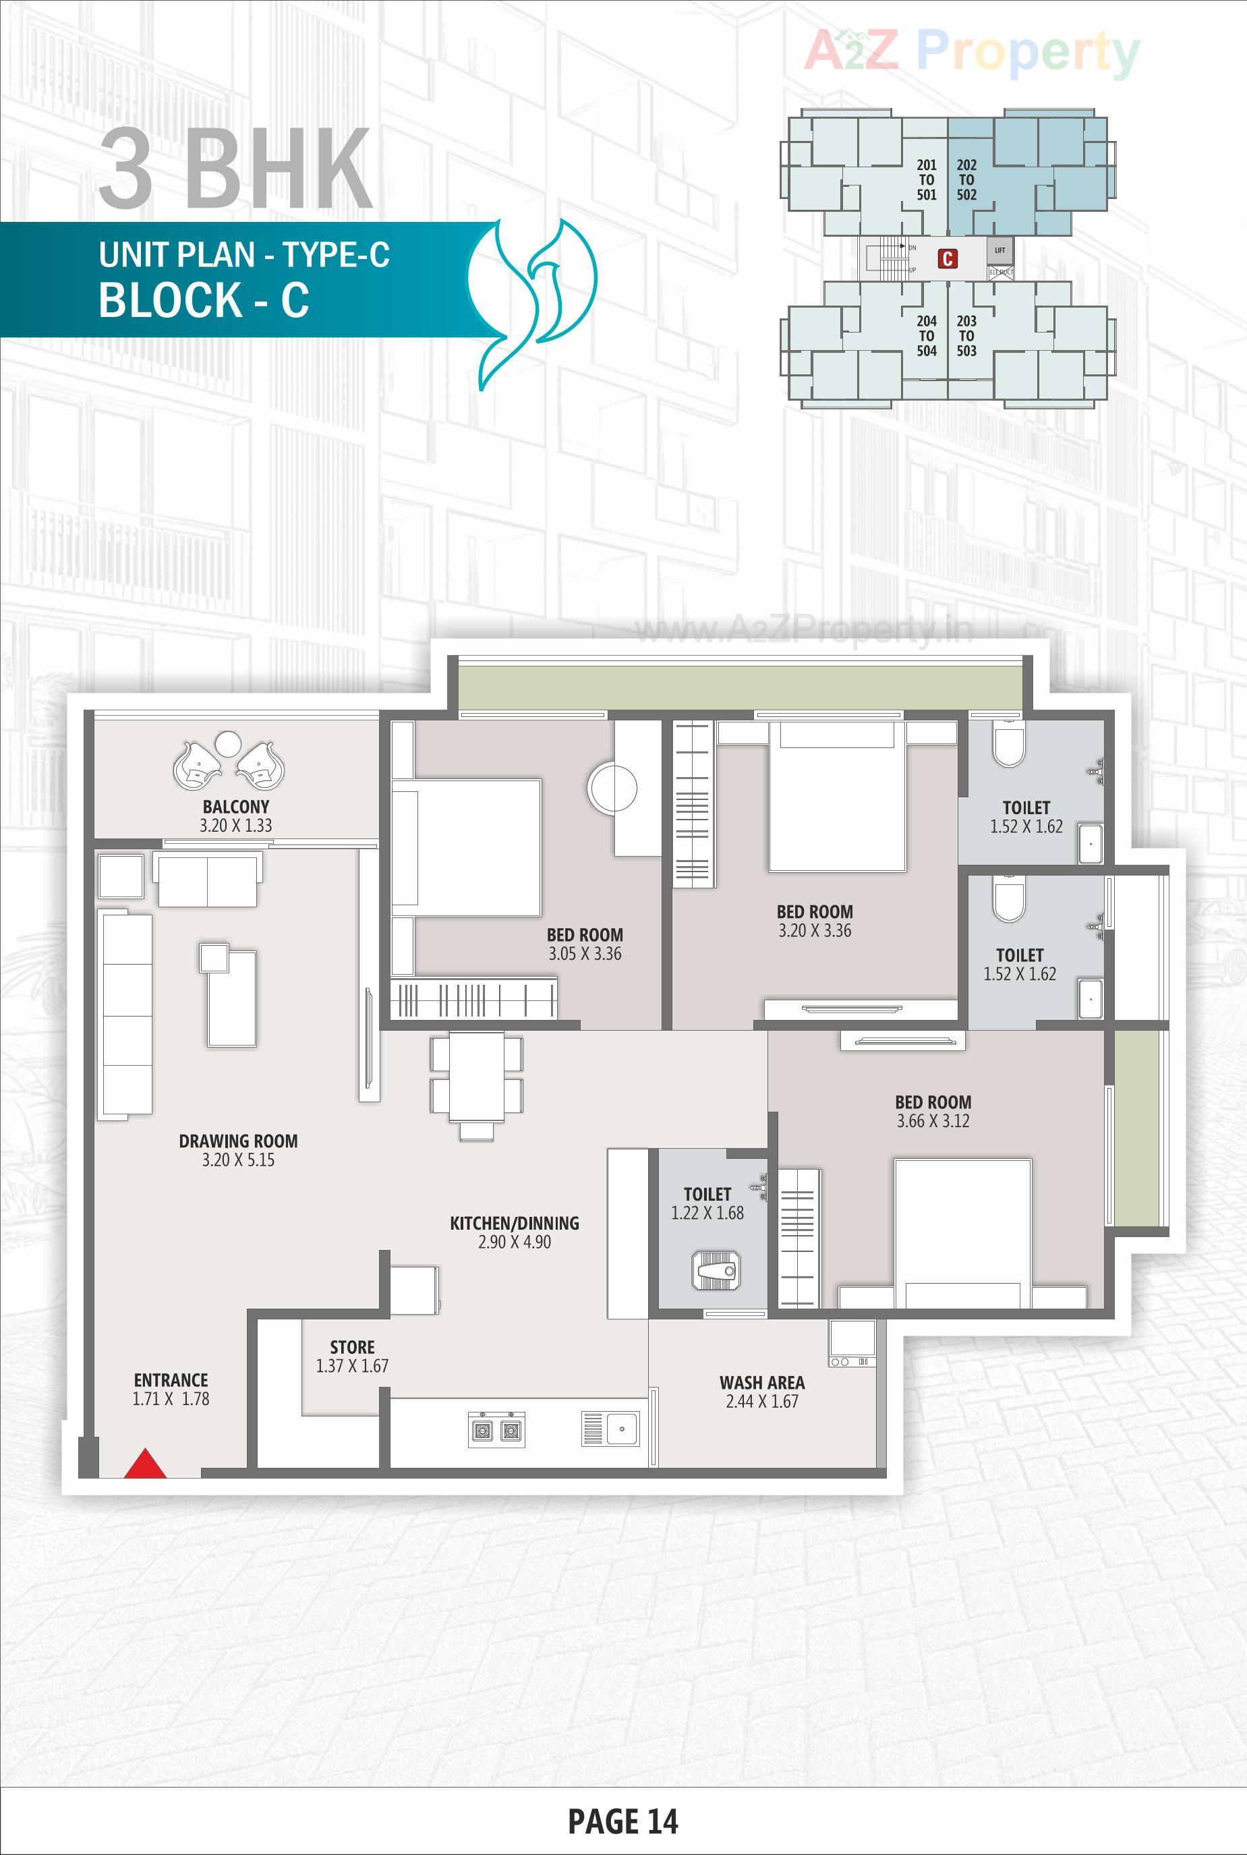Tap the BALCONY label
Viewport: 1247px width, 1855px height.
pyautogui.click(x=235, y=807)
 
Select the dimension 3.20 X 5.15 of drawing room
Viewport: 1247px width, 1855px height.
pyautogui.click(x=238, y=1160)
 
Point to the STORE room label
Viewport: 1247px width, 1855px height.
pyautogui.click(x=352, y=1346)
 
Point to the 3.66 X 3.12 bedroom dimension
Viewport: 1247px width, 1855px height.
pyautogui.click(x=933, y=1121)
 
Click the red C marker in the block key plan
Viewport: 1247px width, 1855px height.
pyautogui.click(x=947, y=258)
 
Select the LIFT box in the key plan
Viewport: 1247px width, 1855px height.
pyautogui.click(x=999, y=250)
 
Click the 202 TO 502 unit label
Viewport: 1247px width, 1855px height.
pyautogui.click(x=966, y=180)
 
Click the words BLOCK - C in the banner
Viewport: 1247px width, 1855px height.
pyautogui.click(x=204, y=301)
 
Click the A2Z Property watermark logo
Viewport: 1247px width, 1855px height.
pyautogui.click(x=971, y=52)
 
